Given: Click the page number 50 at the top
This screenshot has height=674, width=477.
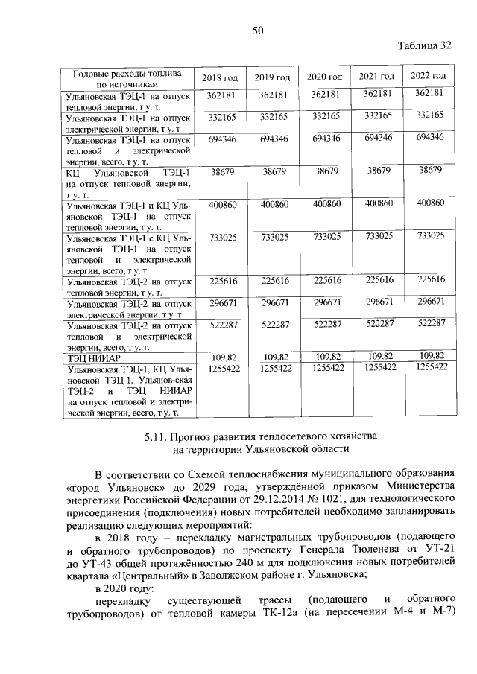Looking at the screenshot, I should click(258, 30).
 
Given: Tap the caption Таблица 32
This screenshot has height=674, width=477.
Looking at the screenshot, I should click(425, 45).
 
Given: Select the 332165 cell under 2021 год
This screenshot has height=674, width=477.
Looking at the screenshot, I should click(377, 115).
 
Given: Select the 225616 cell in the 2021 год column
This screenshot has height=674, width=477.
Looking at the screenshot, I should click(377, 279).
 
